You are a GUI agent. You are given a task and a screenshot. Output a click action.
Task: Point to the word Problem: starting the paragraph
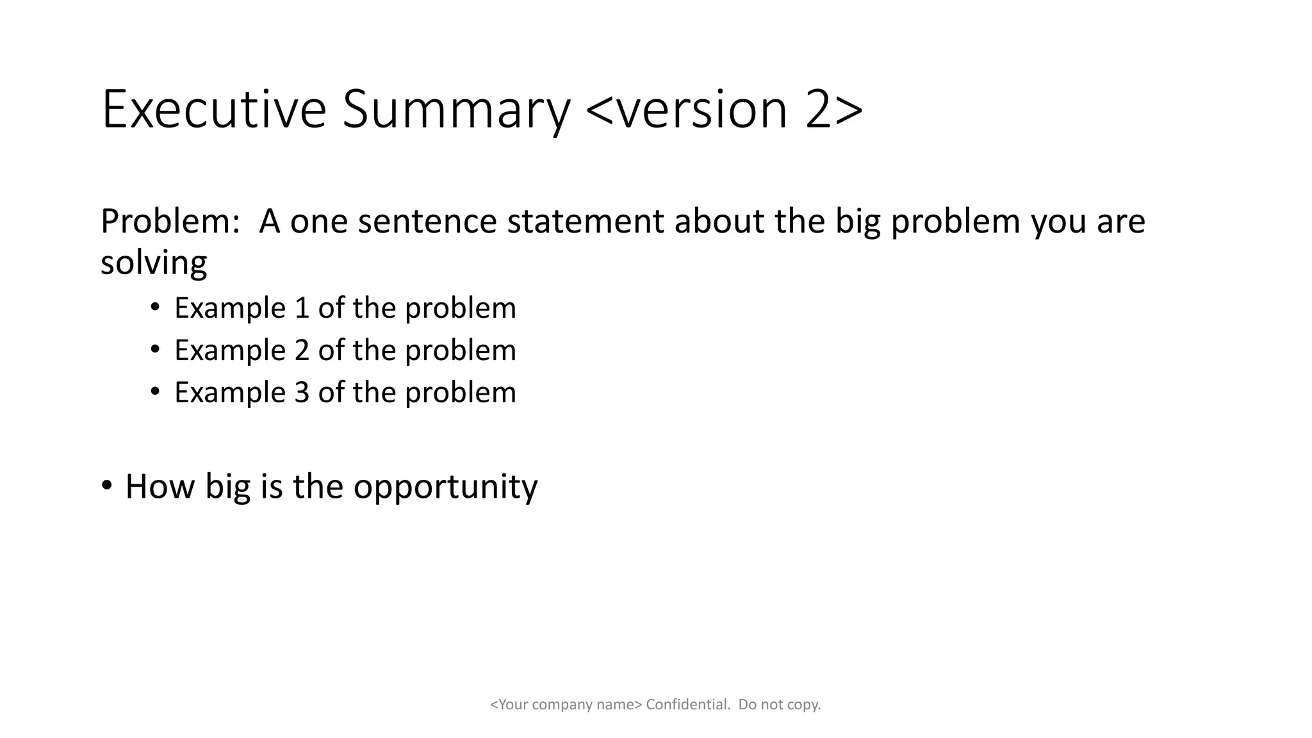(x=170, y=222)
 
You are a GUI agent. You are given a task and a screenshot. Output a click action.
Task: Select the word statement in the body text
(x=585, y=222)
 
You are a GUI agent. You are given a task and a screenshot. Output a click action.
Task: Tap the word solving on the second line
(x=154, y=263)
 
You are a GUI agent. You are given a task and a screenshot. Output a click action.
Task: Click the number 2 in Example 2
(x=302, y=350)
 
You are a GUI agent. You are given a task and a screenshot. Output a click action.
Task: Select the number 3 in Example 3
(x=302, y=393)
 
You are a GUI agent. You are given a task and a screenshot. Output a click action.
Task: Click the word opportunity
(x=445, y=487)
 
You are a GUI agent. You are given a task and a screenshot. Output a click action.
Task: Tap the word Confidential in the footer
(x=687, y=705)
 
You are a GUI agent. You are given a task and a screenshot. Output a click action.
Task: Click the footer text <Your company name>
(x=566, y=705)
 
